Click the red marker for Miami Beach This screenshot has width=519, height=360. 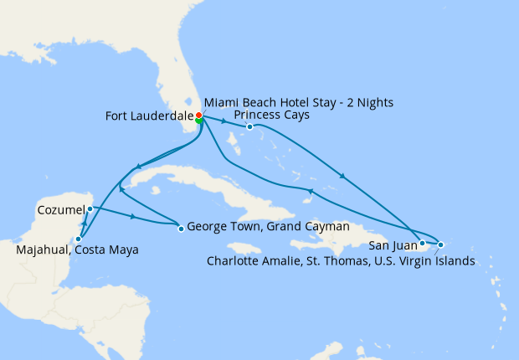(x=198, y=116)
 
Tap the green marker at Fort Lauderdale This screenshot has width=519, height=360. (x=199, y=121)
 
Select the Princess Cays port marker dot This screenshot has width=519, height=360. (x=249, y=127)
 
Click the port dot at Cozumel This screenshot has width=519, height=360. (x=90, y=208)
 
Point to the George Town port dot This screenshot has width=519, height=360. (x=181, y=228)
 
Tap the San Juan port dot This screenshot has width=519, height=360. (x=423, y=244)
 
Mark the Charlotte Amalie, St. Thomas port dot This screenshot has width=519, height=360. (x=441, y=244)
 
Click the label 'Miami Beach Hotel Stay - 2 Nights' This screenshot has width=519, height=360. (x=297, y=103)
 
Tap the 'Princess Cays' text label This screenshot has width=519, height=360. (x=272, y=115)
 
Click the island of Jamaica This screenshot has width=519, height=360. (x=245, y=249)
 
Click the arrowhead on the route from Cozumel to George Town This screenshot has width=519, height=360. (x=134, y=218)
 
